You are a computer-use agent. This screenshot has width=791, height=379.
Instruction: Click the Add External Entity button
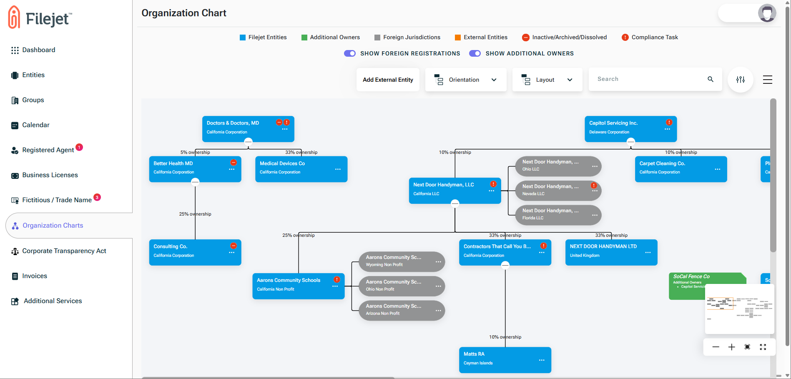(388, 80)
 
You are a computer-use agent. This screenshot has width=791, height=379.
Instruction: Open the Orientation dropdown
(465, 80)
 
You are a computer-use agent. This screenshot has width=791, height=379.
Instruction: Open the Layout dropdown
(547, 80)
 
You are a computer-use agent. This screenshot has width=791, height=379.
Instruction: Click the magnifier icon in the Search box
(711, 79)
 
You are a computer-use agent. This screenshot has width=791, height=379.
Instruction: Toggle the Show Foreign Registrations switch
(350, 53)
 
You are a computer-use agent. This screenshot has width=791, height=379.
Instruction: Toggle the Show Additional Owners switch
(475, 53)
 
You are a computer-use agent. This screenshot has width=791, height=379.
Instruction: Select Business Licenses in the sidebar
(50, 175)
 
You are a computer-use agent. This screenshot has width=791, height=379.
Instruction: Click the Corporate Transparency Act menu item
(64, 251)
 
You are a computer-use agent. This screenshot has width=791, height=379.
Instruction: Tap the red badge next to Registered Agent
(79, 147)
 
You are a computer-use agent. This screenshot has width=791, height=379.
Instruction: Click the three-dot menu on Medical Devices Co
(338, 169)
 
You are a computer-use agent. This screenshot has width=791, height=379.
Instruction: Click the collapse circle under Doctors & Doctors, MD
(248, 142)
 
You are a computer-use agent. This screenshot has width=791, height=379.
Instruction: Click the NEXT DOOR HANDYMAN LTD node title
(603, 246)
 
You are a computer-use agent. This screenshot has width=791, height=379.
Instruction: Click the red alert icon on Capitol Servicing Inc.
(669, 123)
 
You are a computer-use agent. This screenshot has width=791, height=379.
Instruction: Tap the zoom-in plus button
(731, 347)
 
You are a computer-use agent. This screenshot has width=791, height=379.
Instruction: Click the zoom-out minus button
(716, 347)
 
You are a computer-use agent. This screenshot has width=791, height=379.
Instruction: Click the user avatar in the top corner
(767, 13)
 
